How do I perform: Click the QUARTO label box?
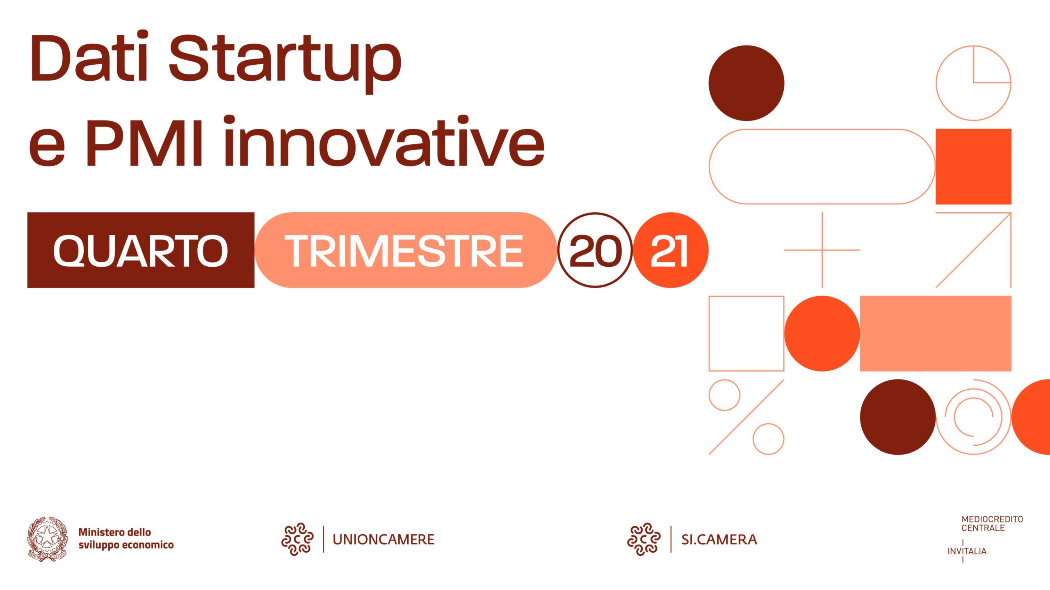141,250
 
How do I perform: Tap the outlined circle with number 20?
595,250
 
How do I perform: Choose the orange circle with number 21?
670,250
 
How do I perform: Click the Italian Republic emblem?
48,538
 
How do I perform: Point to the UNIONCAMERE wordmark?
383,539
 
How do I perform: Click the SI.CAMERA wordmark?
719,539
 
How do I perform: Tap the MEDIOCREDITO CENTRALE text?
992,524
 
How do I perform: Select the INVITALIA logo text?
967,551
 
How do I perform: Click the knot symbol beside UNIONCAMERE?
297,539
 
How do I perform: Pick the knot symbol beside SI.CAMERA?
644,539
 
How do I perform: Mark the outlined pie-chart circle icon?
973,83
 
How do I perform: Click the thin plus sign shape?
822,250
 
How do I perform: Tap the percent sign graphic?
746,417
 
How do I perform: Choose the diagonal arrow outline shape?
973,250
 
